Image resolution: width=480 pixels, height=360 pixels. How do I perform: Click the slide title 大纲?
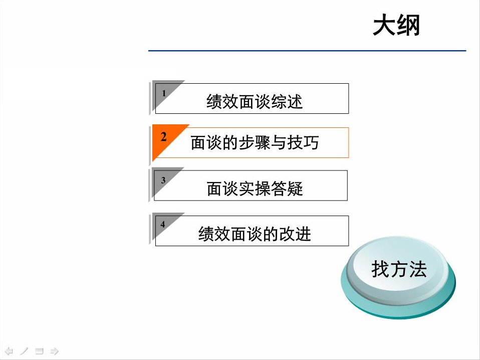pyautogui.click(x=396, y=26)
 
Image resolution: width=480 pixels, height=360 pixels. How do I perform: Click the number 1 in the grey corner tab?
pyautogui.click(x=163, y=93)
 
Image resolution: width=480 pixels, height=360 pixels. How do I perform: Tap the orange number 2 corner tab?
pyautogui.click(x=163, y=137)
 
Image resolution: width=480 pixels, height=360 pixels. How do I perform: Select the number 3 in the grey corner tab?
pyautogui.click(x=163, y=180)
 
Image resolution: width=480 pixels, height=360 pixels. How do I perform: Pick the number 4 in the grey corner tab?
pyautogui.click(x=163, y=225)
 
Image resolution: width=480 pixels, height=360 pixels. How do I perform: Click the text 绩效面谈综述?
pyautogui.click(x=255, y=102)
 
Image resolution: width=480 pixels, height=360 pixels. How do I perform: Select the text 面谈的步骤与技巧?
pyautogui.click(x=255, y=143)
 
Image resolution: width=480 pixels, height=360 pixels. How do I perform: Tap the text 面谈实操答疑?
pyautogui.click(x=255, y=189)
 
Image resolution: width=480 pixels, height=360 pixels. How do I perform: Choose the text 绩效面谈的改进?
pyautogui.click(x=255, y=234)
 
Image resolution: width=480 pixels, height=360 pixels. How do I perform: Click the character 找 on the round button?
pyautogui.click(x=380, y=269)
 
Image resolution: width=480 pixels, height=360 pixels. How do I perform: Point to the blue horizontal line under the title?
pyautogui.click(x=307, y=51)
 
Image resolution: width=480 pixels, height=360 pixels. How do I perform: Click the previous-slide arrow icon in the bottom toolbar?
pyautogui.click(x=9, y=350)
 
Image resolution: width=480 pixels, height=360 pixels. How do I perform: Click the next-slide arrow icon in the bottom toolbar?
pyautogui.click(x=55, y=350)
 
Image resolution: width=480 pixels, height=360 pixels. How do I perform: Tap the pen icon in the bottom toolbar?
pyautogui.click(x=24, y=350)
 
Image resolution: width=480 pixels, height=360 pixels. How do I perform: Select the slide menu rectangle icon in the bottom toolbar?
pyautogui.click(x=39, y=350)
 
